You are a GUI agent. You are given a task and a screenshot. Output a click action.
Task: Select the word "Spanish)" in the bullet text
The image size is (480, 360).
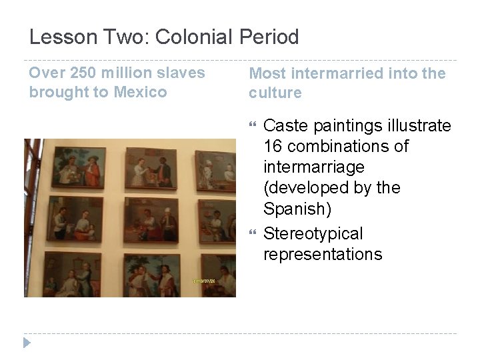(294, 209)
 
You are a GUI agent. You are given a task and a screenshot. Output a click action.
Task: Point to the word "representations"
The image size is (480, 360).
(323, 254)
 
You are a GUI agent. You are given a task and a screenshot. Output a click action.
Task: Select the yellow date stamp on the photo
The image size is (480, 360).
(206, 281)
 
